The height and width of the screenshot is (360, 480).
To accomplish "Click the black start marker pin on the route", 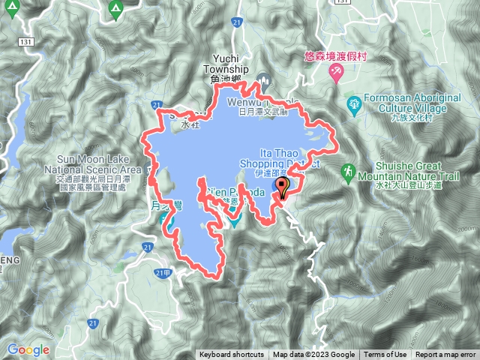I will click(x=283, y=185).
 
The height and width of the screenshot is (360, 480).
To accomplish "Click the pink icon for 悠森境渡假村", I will click(x=336, y=72).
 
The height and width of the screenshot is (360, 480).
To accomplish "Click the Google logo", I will click(x=28, y=349).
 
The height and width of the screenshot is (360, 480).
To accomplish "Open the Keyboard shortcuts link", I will click(x=231, y=355).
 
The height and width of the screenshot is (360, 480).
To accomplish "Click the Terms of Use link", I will click(x=385, y=355).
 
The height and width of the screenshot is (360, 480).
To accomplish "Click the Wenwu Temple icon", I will click(x=262, y=78).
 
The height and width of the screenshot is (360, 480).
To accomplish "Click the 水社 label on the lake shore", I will click(x=191, y=126).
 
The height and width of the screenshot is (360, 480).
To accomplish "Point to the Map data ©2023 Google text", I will click(x=313, y=355).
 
